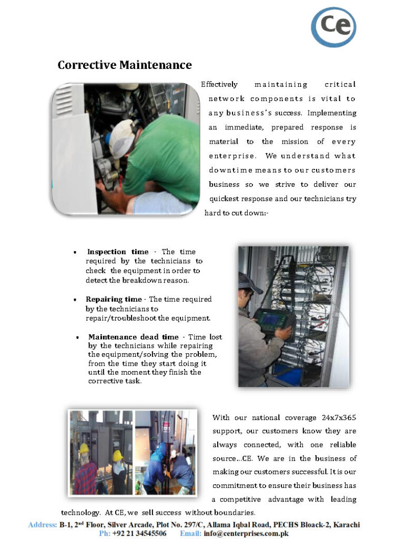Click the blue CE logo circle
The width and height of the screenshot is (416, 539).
(x=333, y=26)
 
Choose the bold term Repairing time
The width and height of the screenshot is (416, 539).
(x=114, y=300)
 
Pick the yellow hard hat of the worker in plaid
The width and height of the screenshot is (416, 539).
(x=84, y=448)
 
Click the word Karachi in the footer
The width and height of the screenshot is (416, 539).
(x=346, y=525)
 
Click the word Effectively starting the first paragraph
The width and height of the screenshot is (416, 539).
(x=219, y=85)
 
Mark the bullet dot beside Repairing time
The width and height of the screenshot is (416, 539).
(x=75, y=300)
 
